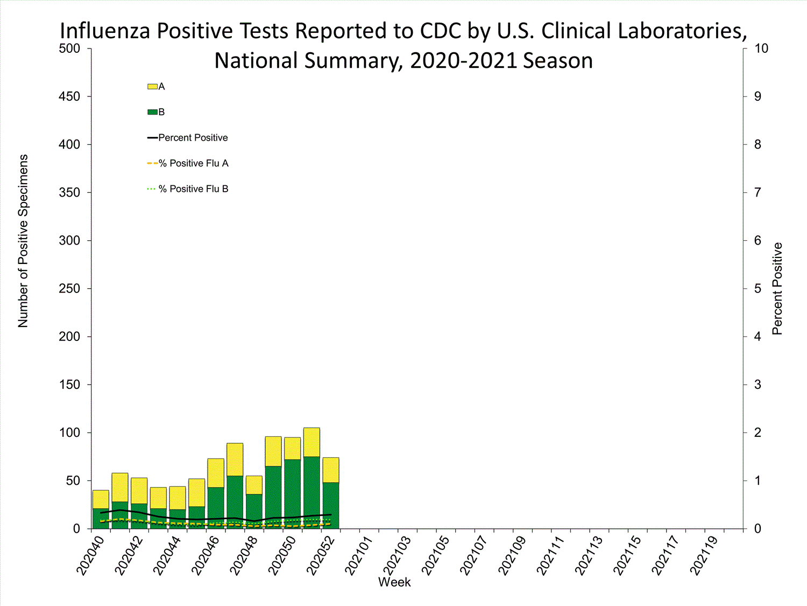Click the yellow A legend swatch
point(152,87)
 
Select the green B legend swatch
point(152,112)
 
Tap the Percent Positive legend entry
point(193,138)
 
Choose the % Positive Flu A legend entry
point(193,163)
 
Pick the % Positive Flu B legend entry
point(193,189)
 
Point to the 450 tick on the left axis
point(69,96)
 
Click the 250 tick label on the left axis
point(69,289)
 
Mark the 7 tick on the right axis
point(758,192)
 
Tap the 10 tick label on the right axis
point(761,48)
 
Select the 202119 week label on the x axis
point(705,555)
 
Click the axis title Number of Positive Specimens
point(23,241)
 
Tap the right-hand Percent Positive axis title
point(777,289)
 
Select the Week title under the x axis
point(394,582)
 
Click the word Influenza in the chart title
point(105,31)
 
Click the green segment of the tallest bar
point(312,492)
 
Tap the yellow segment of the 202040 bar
point(101,499)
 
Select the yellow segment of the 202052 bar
point(331,470)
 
